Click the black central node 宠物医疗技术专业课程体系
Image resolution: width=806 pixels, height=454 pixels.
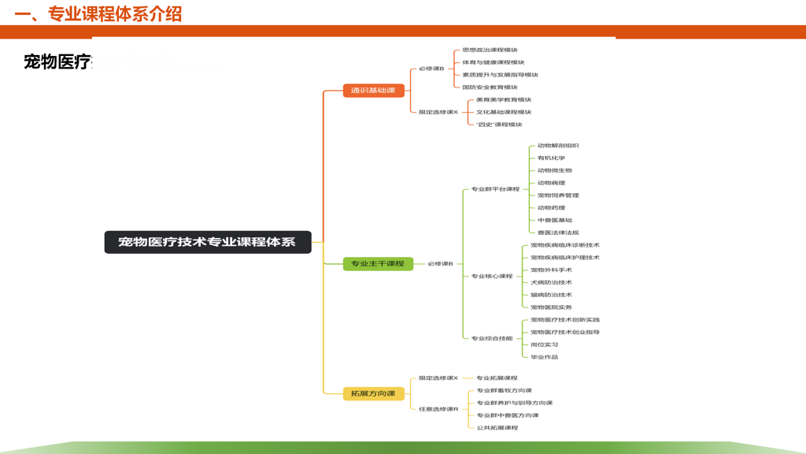208,242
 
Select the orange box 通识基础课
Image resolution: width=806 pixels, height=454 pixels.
373,91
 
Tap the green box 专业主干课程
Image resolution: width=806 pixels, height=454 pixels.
378,263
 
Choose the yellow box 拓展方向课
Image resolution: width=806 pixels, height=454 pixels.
373,393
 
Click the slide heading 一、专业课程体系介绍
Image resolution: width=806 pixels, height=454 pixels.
98,14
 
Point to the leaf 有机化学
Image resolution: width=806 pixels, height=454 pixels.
551,158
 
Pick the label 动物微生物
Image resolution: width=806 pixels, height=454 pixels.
555,170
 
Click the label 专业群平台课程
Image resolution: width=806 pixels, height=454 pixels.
496,189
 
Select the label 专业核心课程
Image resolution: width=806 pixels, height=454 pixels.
492,276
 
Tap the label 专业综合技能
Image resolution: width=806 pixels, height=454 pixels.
492,338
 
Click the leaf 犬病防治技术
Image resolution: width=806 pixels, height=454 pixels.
551,282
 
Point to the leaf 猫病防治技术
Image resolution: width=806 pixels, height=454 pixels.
551,295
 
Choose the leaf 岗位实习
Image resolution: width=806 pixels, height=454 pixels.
544,344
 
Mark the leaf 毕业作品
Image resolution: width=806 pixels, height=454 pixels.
544,357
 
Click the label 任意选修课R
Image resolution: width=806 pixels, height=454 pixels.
438,409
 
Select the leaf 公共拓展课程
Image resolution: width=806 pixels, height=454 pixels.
497,428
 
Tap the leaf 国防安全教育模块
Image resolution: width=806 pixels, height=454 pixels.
490,87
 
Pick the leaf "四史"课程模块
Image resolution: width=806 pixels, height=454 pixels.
499,125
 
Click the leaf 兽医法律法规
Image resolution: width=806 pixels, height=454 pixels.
558,233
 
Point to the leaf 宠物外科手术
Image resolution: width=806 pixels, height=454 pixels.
551,270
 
